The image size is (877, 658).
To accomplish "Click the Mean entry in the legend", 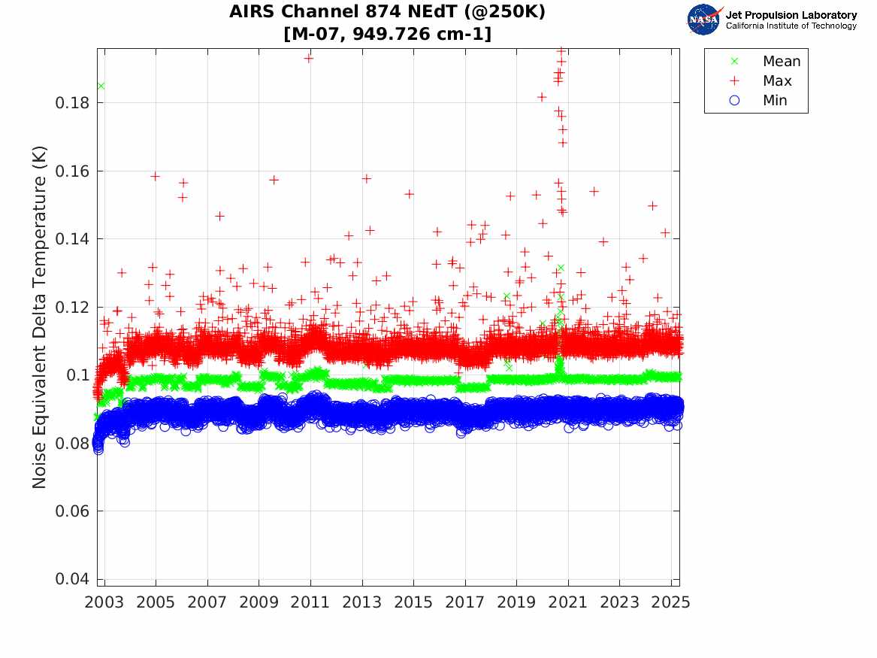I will click(781, 62).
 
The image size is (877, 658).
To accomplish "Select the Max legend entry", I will click(776, 81).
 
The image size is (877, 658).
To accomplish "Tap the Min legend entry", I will click(775, 101).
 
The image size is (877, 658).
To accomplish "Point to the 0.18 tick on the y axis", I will click(73, 103).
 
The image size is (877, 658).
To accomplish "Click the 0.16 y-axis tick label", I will click(73, 171).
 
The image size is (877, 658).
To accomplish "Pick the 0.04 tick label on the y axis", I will click(73, 579).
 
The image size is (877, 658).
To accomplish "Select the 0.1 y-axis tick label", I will click(78, 375).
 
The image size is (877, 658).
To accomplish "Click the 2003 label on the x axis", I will click(104, 603).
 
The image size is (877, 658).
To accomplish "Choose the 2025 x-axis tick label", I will click(671, 603).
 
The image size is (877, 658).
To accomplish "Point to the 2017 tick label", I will click(465, 603).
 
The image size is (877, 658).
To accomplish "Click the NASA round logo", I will click(705, 20).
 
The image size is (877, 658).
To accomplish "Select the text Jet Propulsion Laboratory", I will click(791, 15).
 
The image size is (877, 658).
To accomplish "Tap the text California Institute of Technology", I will click(791, 26).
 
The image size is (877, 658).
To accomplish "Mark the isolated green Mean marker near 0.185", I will click(101, 86).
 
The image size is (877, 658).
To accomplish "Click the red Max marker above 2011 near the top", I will click(308, 58).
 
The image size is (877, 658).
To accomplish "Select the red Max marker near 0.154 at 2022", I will click(594, 191).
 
